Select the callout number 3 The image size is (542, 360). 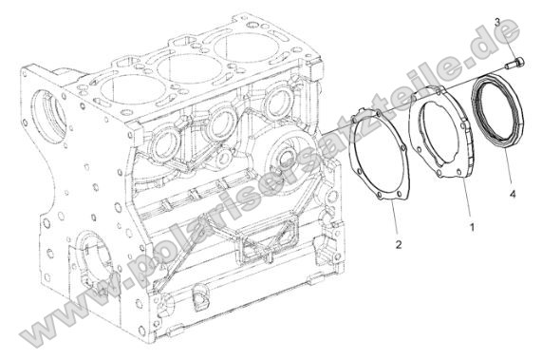point(496,21)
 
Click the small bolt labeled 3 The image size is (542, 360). point(515,63)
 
